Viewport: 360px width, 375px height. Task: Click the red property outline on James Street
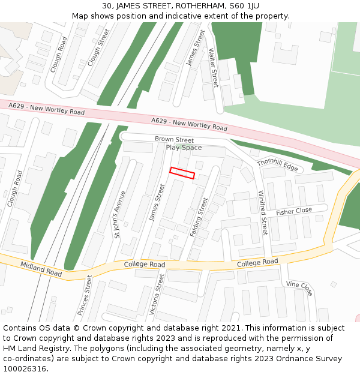tap(182, 173)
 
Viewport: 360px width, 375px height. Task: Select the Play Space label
tap(184, 148)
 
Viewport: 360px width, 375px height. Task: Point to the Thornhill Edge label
tap(277, 164)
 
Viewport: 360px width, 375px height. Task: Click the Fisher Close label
tap(294, 211)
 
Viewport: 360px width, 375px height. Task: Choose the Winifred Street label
tap(263, 212)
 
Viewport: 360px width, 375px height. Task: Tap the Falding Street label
tap(199, 217)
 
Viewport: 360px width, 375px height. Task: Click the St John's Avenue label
tap(120, 214)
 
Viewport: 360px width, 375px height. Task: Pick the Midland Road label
tap(41, 269)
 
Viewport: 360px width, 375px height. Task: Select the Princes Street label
tap(85, 296)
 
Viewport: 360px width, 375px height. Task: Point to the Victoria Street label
tap(156, 295)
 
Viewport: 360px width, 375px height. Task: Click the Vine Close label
tap(299, 289)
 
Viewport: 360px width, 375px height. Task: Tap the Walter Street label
tap(213, 67)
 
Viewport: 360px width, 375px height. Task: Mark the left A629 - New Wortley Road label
tap(47, 109)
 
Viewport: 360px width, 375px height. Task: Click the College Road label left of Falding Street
tap(144, 265)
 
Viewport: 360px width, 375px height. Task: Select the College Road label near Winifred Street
tap(257, 263)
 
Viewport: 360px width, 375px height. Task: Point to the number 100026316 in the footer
tap(24, 368)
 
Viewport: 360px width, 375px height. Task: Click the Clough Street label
tap(98, 47)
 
